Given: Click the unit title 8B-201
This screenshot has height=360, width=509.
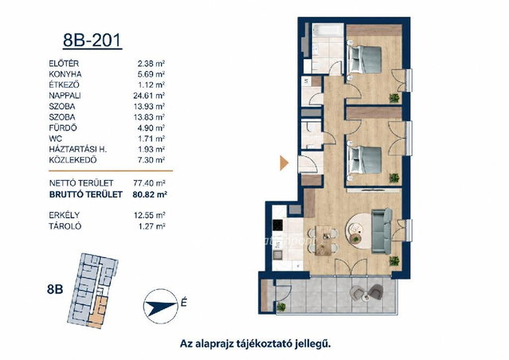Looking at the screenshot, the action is coord(92,41).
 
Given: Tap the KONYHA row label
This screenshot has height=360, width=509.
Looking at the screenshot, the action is coord(65,74).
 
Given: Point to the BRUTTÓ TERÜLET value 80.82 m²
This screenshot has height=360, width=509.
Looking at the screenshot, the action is coord(150,194).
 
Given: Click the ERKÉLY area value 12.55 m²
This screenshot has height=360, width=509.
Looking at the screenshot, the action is coord(149,215).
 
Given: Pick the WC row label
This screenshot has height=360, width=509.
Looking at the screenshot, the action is coord(56,139).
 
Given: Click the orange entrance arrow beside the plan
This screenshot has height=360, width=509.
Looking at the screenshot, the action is coord(284,163).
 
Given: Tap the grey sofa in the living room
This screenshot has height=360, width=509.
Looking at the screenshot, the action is coord(382,231).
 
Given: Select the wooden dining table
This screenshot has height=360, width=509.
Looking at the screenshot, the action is coord(323,241).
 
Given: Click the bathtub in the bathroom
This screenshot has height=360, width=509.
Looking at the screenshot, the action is coord(328,30).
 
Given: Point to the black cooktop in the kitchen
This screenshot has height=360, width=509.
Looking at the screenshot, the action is coord(278,225).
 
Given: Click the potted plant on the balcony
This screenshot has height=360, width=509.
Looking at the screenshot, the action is coord(281,307).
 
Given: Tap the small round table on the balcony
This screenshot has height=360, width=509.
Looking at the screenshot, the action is coord(366,296).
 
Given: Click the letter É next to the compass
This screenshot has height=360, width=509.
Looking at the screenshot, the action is coord(184,303).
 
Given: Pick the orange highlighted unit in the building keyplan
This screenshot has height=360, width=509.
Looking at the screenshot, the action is coord(99,312).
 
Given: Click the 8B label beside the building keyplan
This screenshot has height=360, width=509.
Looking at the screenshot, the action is coord(55,288).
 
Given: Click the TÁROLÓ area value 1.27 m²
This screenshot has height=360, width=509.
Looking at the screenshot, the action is coord(151,226).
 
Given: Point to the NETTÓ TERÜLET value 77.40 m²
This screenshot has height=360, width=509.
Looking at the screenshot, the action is coord(149,183).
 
